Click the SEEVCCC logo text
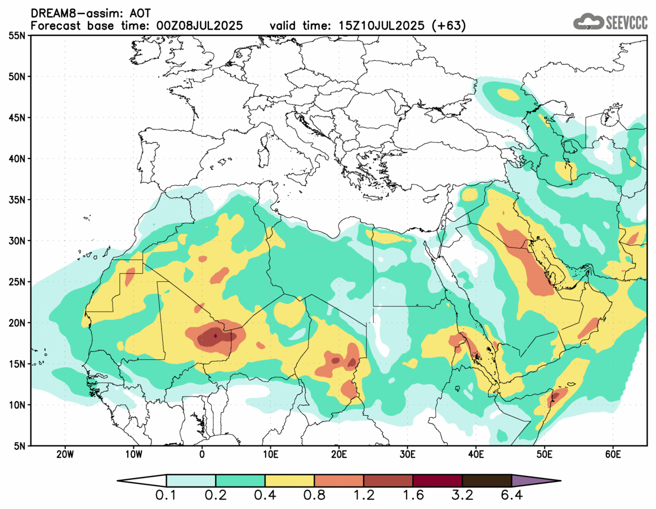626,22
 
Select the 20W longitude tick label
65,454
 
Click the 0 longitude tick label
202,454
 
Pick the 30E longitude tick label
407,454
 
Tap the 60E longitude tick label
613,454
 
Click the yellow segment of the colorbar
289,481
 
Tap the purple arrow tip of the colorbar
535,481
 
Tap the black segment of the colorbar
487,481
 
